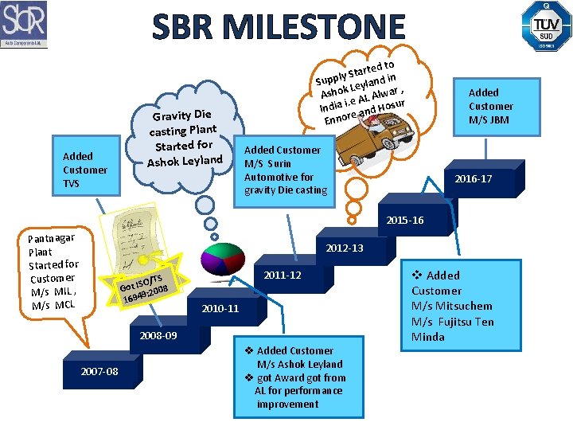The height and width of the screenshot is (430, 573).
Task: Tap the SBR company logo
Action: coord(24,24)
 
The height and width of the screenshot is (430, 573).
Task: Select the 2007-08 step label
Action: coord(99,372)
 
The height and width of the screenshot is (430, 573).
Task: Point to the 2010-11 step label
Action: coord(220,308)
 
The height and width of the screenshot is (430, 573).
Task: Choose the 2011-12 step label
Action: coord(283,275)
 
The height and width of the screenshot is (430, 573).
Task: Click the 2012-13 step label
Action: coord(345,248)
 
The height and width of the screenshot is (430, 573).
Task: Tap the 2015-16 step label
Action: coord(405,220)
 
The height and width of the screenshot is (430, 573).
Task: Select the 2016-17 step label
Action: coord(473,179)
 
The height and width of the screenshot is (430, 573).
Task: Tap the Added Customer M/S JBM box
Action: coord(490,106)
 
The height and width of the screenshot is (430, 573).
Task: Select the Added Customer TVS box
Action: coord(85,170)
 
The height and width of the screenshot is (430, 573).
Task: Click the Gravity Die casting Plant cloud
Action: coord(185,137)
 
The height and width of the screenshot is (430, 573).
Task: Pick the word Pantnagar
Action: coord(51,238)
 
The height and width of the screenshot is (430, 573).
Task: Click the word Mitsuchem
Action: coord(463,306)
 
